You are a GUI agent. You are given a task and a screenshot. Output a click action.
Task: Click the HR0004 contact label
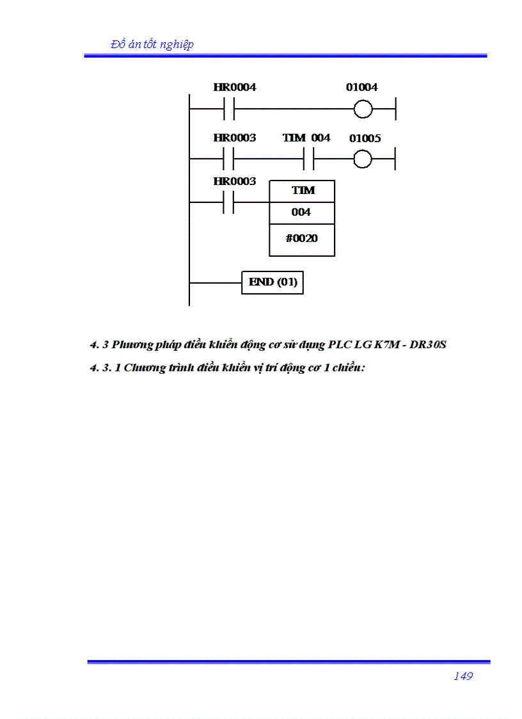coord(235,87)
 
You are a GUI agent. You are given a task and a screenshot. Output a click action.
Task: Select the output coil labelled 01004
coord(363,109)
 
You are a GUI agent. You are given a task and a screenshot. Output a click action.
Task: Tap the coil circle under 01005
coord(363,158)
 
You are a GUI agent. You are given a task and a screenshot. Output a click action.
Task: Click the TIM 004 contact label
coord(306,138)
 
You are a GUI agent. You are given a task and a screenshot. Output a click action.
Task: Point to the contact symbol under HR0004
coord(230,109)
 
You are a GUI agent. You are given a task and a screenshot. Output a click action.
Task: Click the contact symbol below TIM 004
coord(308,158)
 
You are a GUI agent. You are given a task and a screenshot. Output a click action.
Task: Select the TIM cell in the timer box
coord(303,191)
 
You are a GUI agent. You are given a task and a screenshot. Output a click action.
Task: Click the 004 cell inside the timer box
coord(301,213)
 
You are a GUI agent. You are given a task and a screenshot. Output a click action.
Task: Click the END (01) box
coord(273,282)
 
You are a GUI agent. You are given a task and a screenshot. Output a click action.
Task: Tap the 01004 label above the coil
coord(361,87)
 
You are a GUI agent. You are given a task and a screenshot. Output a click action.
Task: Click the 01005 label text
coord(365,138)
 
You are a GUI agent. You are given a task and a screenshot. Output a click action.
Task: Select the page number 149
coord(463,676)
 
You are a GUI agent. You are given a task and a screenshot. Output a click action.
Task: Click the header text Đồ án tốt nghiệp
coord(152,44)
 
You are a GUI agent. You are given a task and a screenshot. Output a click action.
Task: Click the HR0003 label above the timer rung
coord(235,181)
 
